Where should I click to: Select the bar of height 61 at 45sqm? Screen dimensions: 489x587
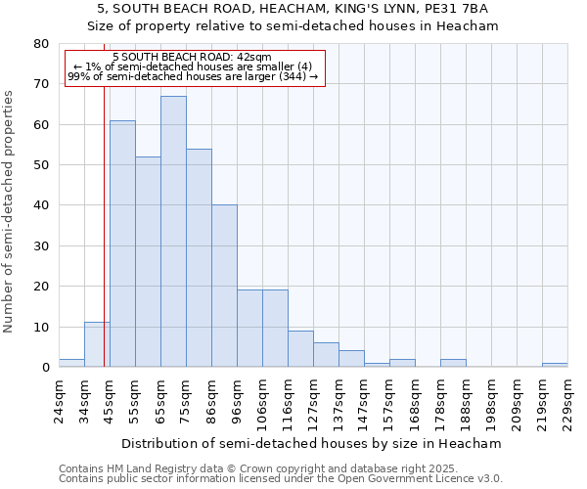click(x=122, y=244)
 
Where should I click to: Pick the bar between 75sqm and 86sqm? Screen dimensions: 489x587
click(x=199, y=258)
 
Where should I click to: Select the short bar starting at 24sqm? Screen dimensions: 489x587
click(x=71, y=363)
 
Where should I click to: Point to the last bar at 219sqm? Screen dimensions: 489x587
click(x=555, y=365)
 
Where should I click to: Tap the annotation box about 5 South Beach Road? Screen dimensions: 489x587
click(x=194, y=67)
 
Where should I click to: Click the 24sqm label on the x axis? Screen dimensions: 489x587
click(x=59, y=401)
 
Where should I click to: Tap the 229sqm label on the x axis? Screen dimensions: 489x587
click(x=567, y=401)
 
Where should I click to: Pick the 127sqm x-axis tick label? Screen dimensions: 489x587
click(x=313, y=401)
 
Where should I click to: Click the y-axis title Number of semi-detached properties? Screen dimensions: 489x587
click(x=10, y=210)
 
